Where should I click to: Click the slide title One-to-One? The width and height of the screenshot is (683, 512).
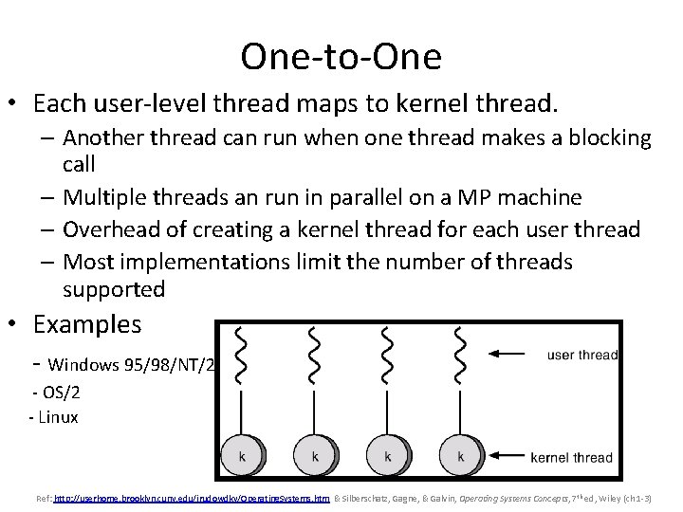pyautogui.click(x=341, y=57)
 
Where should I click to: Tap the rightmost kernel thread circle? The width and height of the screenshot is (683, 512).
pyautogui.click(x=460, y=456)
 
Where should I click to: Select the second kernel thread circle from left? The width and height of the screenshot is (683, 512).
pyautogui.click(x=314, y=456)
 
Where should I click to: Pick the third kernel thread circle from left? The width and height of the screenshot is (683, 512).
pyautogui.click(x=387, y=456)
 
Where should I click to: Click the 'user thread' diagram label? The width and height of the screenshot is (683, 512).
pyautogui.click(x=582, y=356)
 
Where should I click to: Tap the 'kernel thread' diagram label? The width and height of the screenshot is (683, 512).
pyautogui.click(x=571, y=458)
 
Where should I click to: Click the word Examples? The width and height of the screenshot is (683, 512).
pyautogui.click(x=87, y=324)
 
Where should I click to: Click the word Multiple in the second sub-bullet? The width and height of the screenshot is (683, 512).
pyautogui.click(x=105, y=197)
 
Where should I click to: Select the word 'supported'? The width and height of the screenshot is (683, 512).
pyautogui.click(x=114, y=289)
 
